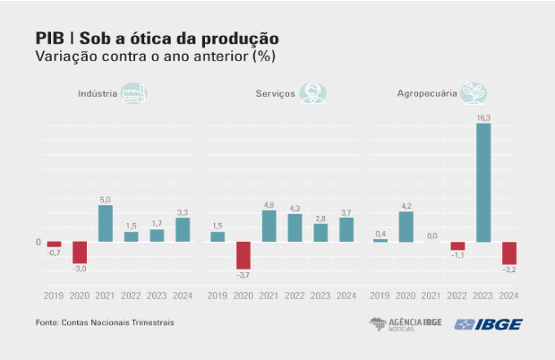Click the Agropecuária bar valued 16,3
[x=483, y=183]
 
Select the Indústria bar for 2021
[x=106, y=224]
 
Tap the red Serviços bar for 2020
[x=243, y=255]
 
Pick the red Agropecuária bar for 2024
[x=509, y=253]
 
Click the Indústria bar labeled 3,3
[x=183, y=230]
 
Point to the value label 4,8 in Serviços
[x=269, y=204]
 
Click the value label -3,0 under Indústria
[x=80, y=270]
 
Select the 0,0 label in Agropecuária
[x=431, y=236]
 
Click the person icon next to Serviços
[x=313, y=93]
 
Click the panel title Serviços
[x=275, y=94]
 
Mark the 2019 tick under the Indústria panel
[x=54, y=295]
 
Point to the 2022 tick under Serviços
[x=295, y=295]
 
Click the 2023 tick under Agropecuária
[x=483, y=295]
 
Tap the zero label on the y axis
[x=38, y=242]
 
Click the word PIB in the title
[x=48, y=39]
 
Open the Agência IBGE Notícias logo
[x=404, y=324]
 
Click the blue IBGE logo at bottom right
[x=490, y=324]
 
